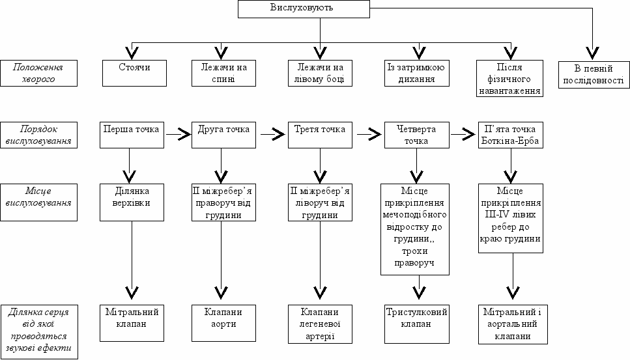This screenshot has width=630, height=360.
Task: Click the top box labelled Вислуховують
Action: [x=304, y=9]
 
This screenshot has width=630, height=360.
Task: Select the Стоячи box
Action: [x=134, y=73]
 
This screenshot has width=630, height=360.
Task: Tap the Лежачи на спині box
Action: [x=224, y=73]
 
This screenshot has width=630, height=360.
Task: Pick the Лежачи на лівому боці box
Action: [x=321, y=73]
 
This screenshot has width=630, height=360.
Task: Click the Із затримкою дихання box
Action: [x=417, y=73]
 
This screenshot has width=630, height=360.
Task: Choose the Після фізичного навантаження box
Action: [x=510, y=78]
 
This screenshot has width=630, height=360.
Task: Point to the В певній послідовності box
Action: [x=594, y=75]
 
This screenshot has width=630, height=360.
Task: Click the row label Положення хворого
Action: [x=38, y=73]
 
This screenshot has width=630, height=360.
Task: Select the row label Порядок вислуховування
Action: [x=38, y=135]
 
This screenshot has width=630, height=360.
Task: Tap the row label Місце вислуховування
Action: [x=38, y=202]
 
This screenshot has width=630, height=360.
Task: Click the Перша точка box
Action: [x=132, y=135]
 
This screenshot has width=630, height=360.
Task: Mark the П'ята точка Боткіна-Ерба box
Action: [x=511, y=135]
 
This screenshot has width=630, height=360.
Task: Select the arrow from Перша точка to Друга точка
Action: [x=178, y=135]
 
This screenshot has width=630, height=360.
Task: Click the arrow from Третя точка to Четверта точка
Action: [x=369, y=135]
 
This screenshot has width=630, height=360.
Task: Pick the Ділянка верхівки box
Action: [x=132, y=202]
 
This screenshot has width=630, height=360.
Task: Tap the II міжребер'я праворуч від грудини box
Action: [x=224, y=202]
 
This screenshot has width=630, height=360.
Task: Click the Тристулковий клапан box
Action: [x=417, y=324]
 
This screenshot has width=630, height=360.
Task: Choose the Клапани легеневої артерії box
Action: [x=321, y=324]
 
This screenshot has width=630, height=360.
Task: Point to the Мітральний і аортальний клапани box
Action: [x=513, y=324]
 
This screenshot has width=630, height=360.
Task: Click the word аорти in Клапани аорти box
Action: [x=223, y=324]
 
